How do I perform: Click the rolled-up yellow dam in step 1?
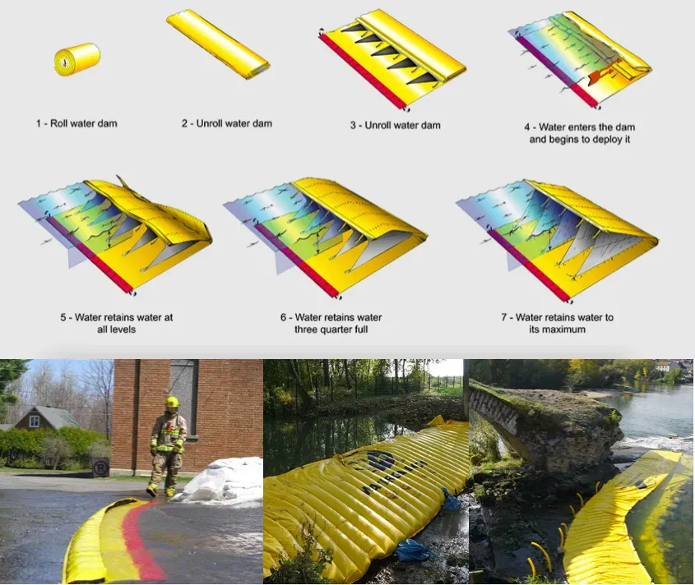(77, 59)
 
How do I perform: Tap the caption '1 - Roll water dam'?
(76, 123)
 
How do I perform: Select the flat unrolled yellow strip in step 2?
(218, 44)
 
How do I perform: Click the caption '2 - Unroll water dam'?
(226, 123)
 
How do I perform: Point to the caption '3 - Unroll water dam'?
(396, 126)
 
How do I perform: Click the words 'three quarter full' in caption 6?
(331, 329)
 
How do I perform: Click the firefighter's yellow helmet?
(172, 402)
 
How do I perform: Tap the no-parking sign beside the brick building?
(100, 468)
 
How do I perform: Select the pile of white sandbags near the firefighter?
(221, 481)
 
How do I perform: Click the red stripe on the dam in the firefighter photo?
(139, 540)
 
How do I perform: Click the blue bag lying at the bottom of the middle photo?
(414, 550)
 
